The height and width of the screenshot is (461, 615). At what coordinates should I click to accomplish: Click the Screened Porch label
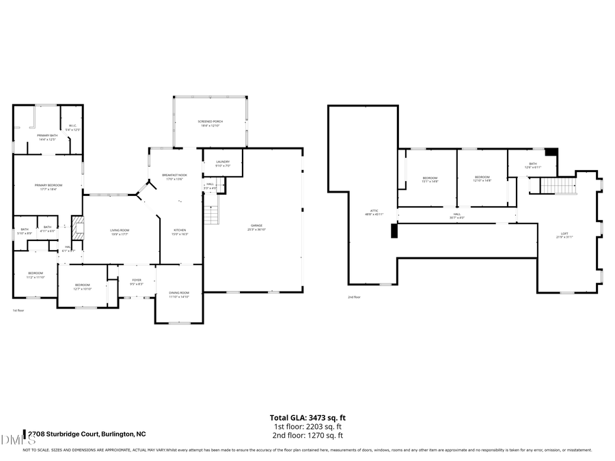coord(210,122)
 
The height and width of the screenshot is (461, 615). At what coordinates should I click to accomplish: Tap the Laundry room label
coord(223,162)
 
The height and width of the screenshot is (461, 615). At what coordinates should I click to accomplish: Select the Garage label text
coord(255,225)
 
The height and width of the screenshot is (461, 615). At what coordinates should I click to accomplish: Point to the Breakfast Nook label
coord(174,176)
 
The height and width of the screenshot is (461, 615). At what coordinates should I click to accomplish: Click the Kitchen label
coord(180,230)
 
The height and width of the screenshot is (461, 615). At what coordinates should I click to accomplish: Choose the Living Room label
coord(120,230)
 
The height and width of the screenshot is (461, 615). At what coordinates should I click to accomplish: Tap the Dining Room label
coord(179,293)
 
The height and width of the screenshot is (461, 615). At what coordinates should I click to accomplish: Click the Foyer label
coord(136,280)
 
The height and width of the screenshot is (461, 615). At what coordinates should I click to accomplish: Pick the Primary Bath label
coord(47,136)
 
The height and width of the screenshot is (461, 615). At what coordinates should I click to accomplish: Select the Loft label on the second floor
coord(564,234)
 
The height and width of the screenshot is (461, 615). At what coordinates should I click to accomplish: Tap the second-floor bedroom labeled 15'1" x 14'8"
coord(429,179)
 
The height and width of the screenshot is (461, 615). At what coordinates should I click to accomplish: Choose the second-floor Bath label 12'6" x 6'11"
coord(533,165)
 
